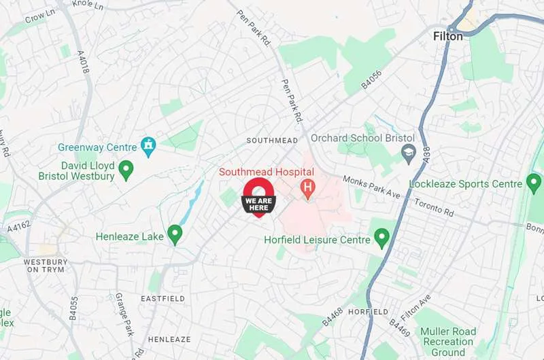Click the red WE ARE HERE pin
click(x=258, y=198)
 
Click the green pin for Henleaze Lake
click(x=175, y=234)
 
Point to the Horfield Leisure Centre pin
click(x=381, y=238)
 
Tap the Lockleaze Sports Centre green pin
click(x=534, y=183)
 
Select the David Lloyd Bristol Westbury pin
click(x=126, y=169)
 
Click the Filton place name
click(x=447, y=36)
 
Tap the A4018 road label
click(x=83, y=60)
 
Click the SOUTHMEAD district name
click(x=272, y=141)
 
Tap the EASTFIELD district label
click(x=163, y=299)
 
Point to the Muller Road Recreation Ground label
click(x=447, y=342)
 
